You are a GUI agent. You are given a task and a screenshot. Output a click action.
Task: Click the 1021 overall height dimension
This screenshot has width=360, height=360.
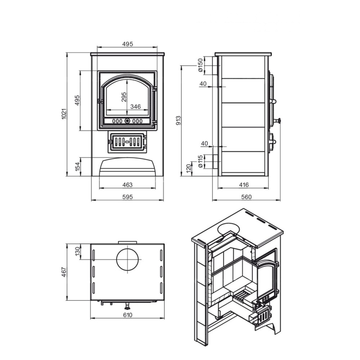click(64, 114)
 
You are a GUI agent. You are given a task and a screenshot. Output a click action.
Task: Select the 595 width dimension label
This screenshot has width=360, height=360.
click(127, 197)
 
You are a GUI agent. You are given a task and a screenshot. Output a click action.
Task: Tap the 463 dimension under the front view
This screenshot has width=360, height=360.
click(127, 185)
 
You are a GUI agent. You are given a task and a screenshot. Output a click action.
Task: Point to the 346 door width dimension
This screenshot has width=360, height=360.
click(135, 107)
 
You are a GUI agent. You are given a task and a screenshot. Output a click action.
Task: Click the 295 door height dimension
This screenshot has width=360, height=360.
click(124, 97)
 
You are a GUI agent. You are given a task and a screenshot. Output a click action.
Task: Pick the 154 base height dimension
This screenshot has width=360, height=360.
click(78, 166)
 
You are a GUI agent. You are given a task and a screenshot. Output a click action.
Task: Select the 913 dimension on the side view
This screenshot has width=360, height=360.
click(178, 121)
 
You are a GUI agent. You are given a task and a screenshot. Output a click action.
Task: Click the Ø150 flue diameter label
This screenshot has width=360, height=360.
click(201, 65)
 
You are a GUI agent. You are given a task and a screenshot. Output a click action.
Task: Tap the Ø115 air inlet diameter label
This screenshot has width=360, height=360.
click(201, 161)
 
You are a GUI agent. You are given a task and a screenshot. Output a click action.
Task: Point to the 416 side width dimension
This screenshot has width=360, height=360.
click(244, 185)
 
